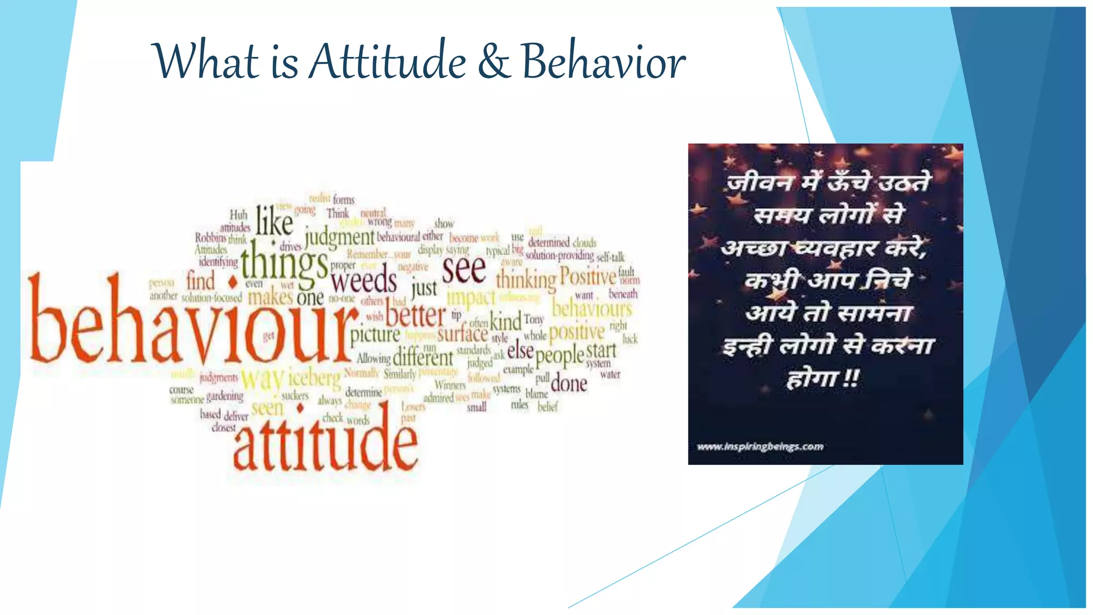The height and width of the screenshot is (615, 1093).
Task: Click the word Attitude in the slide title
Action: click(x=388, y=62)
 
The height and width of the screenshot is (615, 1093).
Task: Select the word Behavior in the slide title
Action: click(x=603, y=62)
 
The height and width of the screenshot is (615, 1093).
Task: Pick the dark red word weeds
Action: click(x=363, y=280)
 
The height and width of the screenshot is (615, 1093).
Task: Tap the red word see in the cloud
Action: click(x=464, y=270)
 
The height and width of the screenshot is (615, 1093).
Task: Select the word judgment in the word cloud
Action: click(x=339, y=236)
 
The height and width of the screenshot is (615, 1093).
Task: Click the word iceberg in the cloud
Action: click(x=314, y=378)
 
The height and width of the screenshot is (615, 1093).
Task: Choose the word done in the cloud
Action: click(x=569, y=383)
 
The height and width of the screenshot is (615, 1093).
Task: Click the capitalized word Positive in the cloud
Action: click(x=588, y=277)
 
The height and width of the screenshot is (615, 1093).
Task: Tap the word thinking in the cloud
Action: click(x=526, y=280)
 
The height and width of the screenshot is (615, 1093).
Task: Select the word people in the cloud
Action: click(x=560, y=356)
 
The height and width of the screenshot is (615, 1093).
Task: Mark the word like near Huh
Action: click(x=274, y=221)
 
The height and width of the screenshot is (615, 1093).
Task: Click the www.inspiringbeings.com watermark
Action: click(x=760, y=446)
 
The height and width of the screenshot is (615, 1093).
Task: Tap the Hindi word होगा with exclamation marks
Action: click(x=822, y=379)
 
